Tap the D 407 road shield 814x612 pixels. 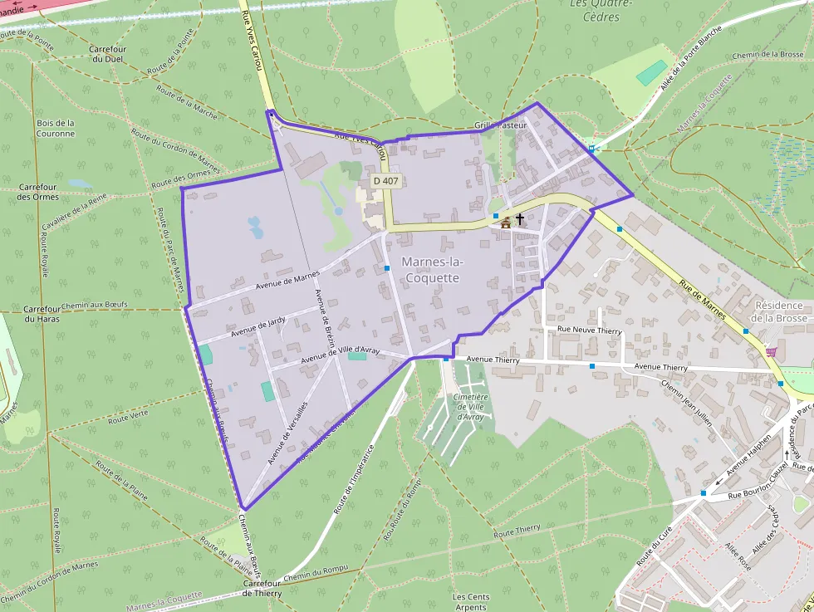click(386, 180)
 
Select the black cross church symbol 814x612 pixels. click(520, 219)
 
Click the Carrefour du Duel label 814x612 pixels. click(108, 54)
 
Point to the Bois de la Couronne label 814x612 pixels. click(56, 128)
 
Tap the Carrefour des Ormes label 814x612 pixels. click(37, 192)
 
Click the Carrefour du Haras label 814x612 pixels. click(42, 313)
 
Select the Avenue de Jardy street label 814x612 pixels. click(258, 326)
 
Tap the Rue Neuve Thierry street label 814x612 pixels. click(589, 330)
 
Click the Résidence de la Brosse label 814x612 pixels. click(779, 311)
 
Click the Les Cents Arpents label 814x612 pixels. click(470, 602)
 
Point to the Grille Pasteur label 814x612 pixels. click(501, 125)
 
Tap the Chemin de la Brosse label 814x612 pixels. click(767, 55)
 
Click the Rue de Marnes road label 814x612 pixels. click(702, 300)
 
